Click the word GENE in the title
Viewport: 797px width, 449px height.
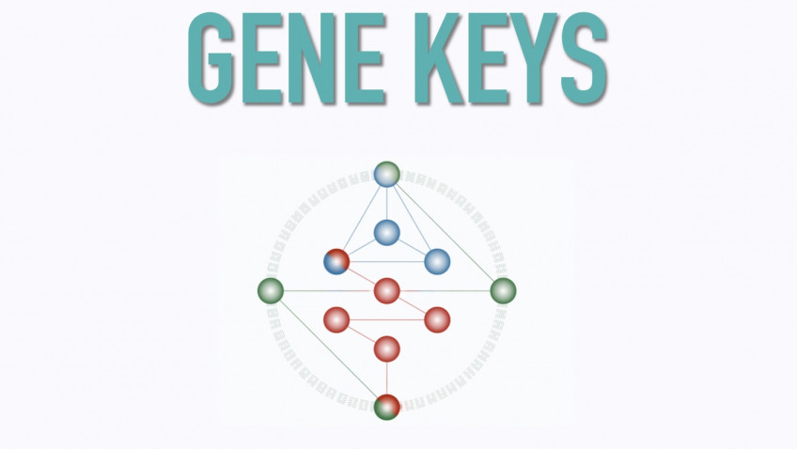point(288,59)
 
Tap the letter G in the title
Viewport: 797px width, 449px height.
point(211,59)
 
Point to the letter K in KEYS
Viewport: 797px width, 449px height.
point(430,59)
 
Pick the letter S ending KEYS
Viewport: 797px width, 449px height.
point(583,59)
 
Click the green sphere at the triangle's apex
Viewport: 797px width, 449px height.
point(386,174)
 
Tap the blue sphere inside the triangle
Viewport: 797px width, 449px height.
point(386,232)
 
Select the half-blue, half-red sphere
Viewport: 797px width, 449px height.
point(336,261)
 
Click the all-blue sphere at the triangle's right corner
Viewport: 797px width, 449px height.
point(437,261)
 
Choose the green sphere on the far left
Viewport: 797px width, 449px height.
point(271,290)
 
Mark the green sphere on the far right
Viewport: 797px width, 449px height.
point(503,290)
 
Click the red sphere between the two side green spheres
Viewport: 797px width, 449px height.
point(386,290)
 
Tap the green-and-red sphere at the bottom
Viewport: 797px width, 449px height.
point(386,407)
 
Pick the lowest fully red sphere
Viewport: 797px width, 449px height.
point(386,348)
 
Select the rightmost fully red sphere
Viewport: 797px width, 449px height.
point(437,319)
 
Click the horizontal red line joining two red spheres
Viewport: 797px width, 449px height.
point(386,319)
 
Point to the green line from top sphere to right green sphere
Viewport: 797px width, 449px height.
point(446,234)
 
